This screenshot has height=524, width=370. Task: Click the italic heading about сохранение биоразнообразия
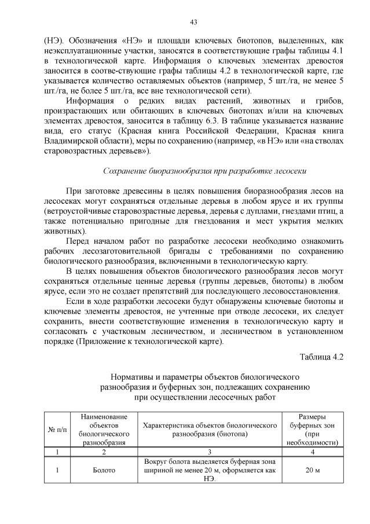click(x=204, y=171)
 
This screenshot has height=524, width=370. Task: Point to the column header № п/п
click(x=57, y=429)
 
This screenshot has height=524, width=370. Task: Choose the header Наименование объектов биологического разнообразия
click(x=104, y=429)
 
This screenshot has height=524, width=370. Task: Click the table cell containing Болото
click(x=104, y=470)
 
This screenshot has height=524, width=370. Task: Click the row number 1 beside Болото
click(x=57, y=470)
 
